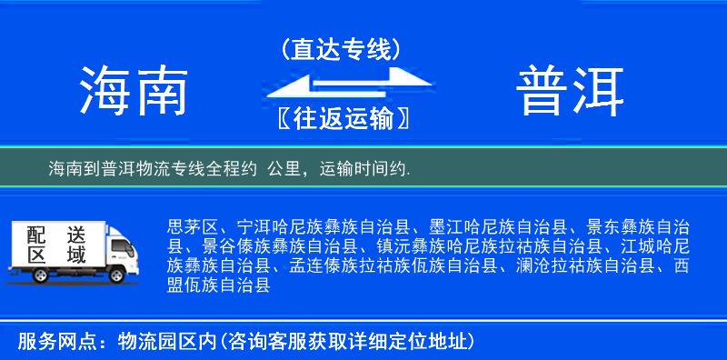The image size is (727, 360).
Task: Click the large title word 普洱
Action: tap(571, 91)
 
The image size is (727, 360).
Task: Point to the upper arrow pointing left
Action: tap(327, 79)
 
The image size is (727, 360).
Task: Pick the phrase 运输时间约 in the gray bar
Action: tap(363, 169)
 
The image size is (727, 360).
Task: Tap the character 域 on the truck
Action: tap(76, 255)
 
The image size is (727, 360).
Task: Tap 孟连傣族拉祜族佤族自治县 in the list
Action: tap(394, 266)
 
